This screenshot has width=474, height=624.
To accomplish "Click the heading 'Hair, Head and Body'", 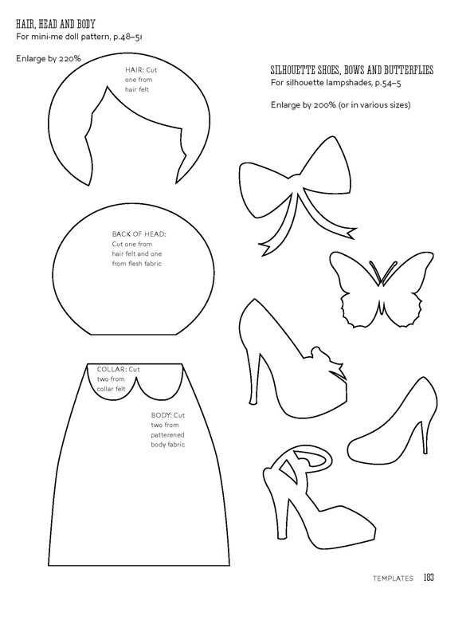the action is tap(55, 24).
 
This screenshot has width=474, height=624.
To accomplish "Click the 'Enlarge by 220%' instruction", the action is tap(49, 58).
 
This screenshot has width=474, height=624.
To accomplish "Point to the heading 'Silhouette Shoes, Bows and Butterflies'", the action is tap(352, 70).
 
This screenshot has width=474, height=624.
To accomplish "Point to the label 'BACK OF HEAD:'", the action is tap(139, 234).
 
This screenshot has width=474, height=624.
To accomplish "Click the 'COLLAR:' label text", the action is tap(112, 369).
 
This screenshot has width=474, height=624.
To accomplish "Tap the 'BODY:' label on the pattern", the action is tap(162, 415).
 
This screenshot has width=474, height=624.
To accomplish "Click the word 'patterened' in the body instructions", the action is tap(167, 435).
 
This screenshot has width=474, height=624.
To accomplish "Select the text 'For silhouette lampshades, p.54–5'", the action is tap(338, 83).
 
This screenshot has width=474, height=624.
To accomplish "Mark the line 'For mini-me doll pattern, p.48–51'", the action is tap(79, 37).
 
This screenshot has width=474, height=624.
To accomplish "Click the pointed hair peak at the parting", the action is tap(107, 85).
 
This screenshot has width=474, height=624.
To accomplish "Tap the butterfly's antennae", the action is tap(381, 273).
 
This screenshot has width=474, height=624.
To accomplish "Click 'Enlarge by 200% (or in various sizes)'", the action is tap(341, 105).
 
